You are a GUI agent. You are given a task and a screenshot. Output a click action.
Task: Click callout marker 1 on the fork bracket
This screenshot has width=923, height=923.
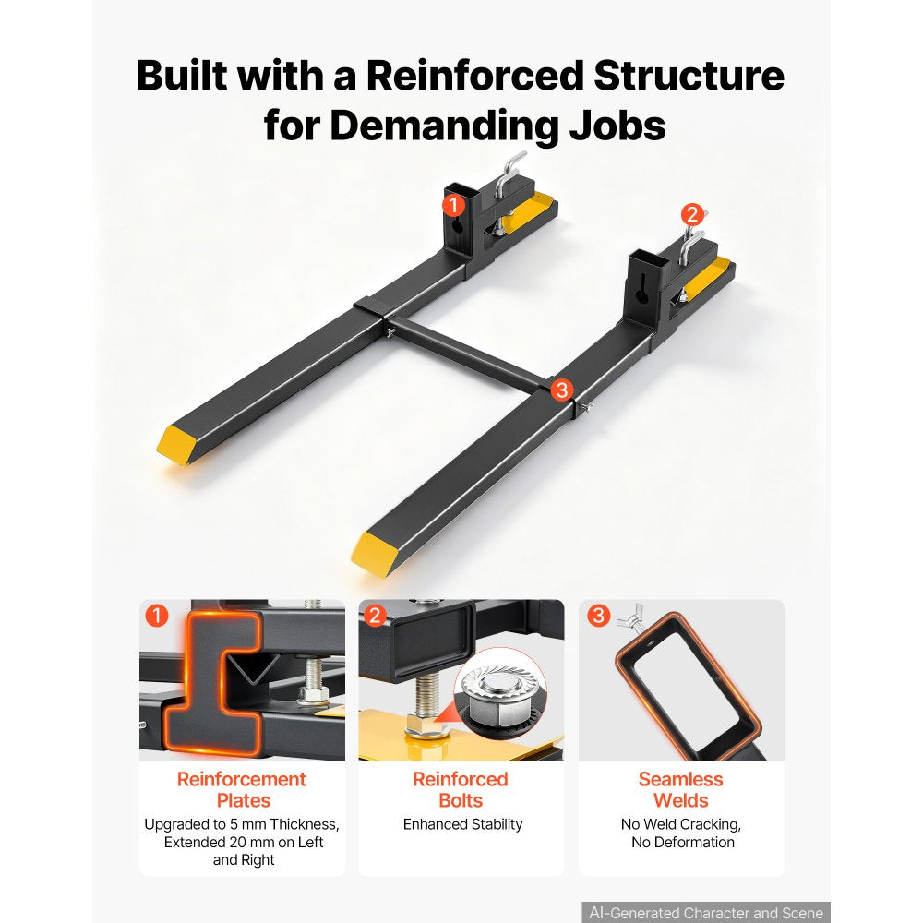coord(453,206)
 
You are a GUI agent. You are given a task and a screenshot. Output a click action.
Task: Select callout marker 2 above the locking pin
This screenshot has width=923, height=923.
coord(692,214)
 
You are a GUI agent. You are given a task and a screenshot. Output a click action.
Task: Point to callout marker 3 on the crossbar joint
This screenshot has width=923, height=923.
coord(562,390)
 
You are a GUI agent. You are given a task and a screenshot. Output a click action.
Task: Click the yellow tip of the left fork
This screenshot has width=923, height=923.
coord(174,445)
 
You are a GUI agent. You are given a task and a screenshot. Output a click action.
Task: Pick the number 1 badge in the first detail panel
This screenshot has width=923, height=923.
coord(157,616)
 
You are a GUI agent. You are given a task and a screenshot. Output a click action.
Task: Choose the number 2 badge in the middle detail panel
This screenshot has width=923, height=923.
coord(375,616)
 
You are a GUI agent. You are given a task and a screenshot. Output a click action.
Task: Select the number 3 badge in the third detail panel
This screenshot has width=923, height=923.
coord(599,616)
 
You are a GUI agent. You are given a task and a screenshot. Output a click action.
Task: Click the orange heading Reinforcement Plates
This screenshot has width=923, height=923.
coord(242,789)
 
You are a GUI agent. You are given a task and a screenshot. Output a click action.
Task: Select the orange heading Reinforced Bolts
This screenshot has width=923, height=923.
coord(461,789)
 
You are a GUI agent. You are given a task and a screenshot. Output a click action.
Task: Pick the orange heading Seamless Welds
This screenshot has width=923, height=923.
coord(681,789)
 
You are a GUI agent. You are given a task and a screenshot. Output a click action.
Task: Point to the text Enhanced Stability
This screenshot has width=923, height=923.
coord(462,824)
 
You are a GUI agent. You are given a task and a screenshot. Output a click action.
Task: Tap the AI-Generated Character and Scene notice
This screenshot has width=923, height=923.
coord(706,913)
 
